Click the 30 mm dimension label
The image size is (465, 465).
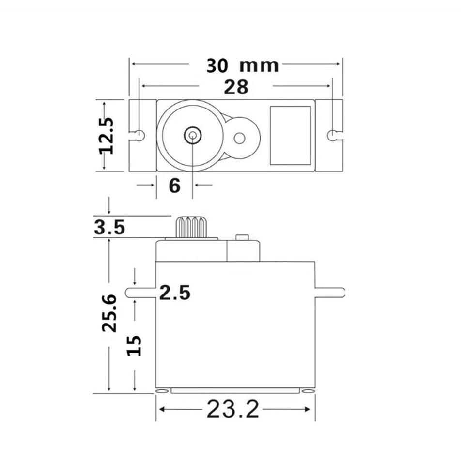[x=242, y=65]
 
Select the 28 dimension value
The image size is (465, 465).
[x=236, y=87]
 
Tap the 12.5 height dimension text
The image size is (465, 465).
[x=106, y=136]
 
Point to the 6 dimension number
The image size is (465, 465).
[x=174, y=185]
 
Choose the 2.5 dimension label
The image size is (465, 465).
[x=175, y=293]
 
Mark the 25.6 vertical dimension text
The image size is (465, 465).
[x=109, y=312]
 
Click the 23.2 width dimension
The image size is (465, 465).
[x=232, y=410]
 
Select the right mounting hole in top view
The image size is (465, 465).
[x=332, y=135]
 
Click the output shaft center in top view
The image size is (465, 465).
[x=193, y=136]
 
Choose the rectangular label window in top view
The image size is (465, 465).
[x=290, y=136]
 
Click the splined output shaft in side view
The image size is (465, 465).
[x=192, y=227]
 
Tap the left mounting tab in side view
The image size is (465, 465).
[x=140, y=292]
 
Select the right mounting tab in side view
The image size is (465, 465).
[x=330, y=292]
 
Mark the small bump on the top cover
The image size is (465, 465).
[x=241, y=237]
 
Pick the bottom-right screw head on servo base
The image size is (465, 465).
[x=308, y=390]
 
